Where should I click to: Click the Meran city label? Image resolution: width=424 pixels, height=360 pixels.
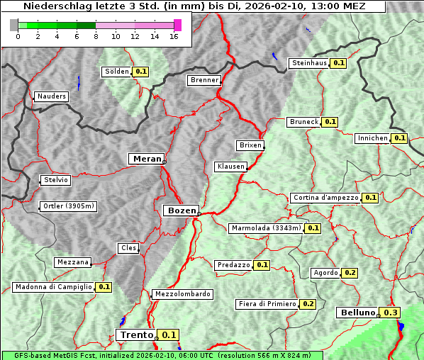click(x=146, y=159)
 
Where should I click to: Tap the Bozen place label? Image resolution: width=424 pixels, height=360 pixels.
click(x=180, y=210)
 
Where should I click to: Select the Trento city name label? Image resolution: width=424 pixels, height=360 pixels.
click(x=136, y=335)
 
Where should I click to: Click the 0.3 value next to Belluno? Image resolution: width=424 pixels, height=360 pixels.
click(x=390, y=313)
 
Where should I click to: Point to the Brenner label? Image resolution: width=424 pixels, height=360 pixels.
click(x=204, y=80)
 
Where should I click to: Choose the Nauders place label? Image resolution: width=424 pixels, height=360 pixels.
click(x=51, y=96)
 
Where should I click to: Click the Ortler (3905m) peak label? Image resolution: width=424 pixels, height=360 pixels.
click(x=69, y=206)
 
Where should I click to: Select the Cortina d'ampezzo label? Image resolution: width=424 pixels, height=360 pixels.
click(x=325, y=198)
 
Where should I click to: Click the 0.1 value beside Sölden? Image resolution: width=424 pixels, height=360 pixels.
click(x=140, y=72)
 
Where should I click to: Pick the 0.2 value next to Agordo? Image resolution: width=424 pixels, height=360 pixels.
click(x=350, y=273)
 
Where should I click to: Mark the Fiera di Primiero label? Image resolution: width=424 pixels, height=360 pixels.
click(x=267, y=304)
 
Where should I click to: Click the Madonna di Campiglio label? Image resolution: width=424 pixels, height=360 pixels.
click(x=53, y=287)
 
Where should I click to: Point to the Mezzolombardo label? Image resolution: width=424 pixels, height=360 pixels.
click(x=182, y=294)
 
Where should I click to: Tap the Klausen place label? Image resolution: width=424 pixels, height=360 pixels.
click(x=230, y=167)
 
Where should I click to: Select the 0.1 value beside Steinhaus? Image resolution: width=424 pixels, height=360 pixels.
click(x=338, y=63)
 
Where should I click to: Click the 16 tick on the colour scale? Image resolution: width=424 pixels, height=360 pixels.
click(x=174, y=37)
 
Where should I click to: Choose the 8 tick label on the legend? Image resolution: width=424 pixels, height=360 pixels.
click(x=95, y=37)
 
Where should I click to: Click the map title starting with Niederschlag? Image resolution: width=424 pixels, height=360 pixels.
click(x=193, y=6)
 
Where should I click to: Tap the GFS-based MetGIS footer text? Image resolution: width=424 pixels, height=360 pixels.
click(x=162, y=355)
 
